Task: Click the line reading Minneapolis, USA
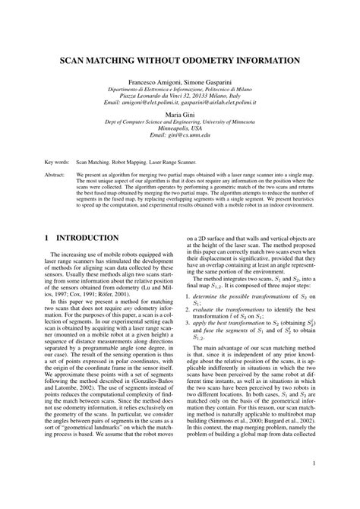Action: click(x=180, y=128)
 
